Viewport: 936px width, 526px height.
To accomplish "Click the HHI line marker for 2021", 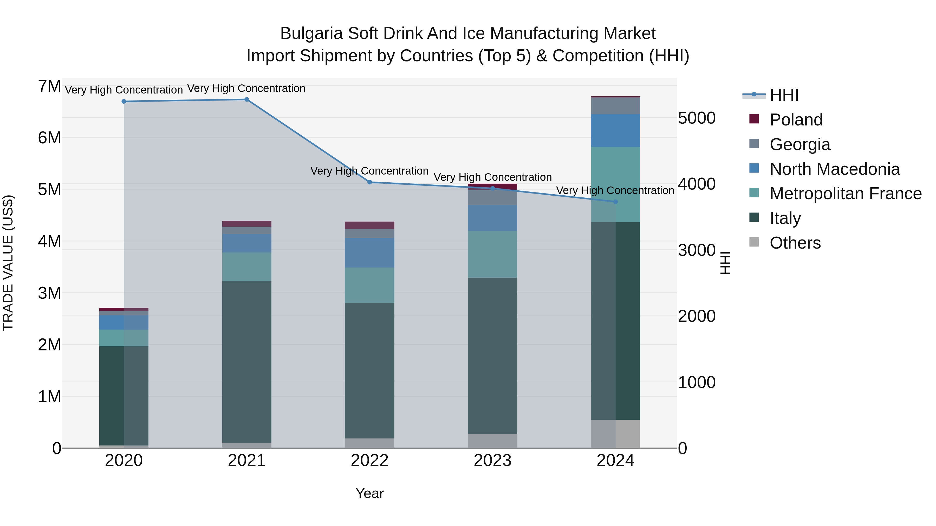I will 246,99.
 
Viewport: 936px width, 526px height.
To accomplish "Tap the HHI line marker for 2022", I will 369,182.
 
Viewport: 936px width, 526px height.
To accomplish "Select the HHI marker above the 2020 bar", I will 124,102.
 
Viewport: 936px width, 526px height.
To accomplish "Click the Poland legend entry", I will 796,120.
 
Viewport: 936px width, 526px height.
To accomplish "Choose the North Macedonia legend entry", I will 834,169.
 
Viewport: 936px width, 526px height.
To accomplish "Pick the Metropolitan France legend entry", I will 845,194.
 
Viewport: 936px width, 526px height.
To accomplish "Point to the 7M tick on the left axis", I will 49,86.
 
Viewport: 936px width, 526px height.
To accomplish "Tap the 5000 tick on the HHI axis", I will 697,118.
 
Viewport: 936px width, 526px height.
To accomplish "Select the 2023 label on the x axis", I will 492,461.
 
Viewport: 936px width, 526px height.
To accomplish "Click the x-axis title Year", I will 369,493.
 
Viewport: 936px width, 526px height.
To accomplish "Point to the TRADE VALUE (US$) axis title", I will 8,263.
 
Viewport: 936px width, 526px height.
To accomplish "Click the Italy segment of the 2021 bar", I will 247,361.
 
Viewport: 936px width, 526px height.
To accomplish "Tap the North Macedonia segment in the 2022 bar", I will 369,253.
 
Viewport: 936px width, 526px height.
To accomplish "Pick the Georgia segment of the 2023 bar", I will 492,197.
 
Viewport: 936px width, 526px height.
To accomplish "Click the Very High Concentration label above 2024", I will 615,191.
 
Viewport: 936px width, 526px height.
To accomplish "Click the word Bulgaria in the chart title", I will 311,34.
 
